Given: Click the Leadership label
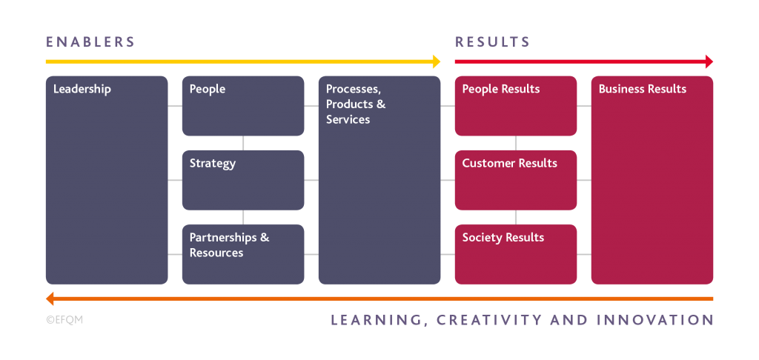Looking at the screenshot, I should (x=82, y=89).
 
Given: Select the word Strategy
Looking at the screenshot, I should (x=213, y=163).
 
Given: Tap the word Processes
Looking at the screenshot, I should (x=353, y=89).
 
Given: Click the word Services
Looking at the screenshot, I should (x=348, y=119).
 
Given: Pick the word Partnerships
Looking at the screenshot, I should (x=223, y=237).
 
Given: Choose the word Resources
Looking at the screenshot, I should (x=216, y=253).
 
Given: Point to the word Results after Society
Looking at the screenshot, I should (x=524, y=237).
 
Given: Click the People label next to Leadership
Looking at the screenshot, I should (x=208, y=89).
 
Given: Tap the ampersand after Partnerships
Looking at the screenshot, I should (x=265, y=237).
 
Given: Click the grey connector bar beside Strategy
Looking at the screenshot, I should (x=280, y=143).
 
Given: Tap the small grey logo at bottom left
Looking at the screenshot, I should (x=64, y=323).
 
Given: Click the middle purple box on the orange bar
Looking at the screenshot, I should (x=511, y=323).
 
